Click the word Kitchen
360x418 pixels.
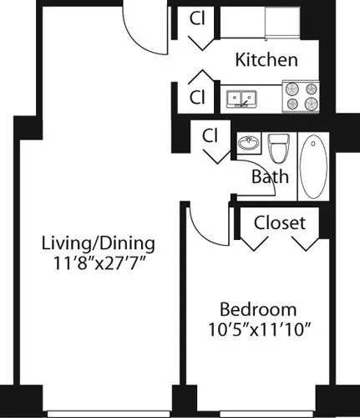point(266,60)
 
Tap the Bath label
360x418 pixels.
point(271,176)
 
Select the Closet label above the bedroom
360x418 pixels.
point(280,223)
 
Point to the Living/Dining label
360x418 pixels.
point(99,243)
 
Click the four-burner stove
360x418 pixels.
point(302,95)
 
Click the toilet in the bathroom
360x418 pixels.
point(278,148)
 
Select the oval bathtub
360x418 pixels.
point(315,166)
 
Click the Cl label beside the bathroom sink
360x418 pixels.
point(210,135)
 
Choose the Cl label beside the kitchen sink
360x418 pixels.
point(197,96)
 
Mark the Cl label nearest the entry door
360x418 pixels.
point(197,18)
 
